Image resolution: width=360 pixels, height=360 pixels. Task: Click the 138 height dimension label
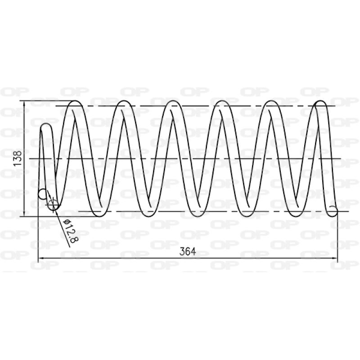17,159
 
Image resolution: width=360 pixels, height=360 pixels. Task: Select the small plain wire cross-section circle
43,194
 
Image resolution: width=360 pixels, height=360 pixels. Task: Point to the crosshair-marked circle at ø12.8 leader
53,205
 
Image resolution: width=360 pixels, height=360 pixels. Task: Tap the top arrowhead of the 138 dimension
23,104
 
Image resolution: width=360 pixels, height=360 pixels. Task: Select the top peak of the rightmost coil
320,102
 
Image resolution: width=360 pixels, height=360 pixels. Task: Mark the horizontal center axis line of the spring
189,158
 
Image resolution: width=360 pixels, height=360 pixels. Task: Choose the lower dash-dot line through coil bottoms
202,211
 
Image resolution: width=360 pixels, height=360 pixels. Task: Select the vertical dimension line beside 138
23,135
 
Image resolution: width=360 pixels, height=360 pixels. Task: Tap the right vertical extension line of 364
337,238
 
